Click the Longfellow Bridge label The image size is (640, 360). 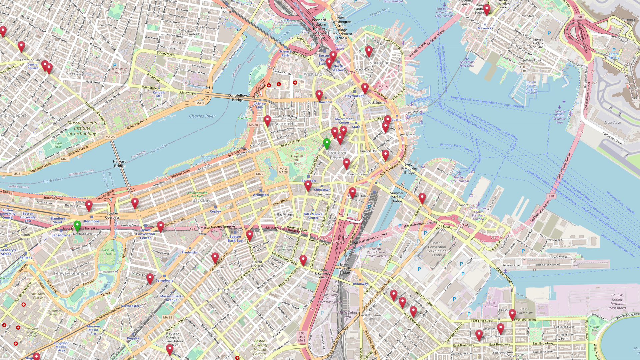pos(237,98)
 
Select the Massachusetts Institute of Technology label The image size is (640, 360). pos(82,128)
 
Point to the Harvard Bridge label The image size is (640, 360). pos(119,163)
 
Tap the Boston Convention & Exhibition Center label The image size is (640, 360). pos(437,249)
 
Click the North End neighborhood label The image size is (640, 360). pos(379,63)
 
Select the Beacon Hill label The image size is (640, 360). pos(285,124)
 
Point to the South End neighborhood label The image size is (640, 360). pos(219,290)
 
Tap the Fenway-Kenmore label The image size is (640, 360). pos(71,273)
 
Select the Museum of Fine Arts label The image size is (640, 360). pos(93,330)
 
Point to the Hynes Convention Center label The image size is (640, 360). pos(145,234)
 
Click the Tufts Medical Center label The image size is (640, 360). pos(313,216)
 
